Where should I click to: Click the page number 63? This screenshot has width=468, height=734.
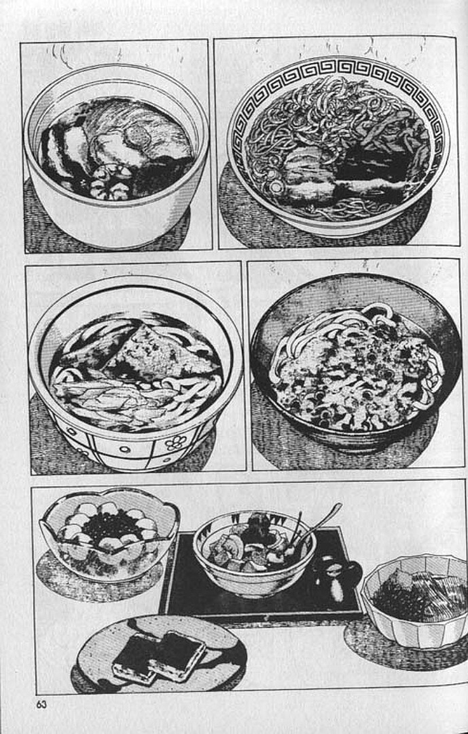tap(41, 704)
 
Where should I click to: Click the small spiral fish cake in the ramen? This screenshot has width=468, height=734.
tap(275, 186)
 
